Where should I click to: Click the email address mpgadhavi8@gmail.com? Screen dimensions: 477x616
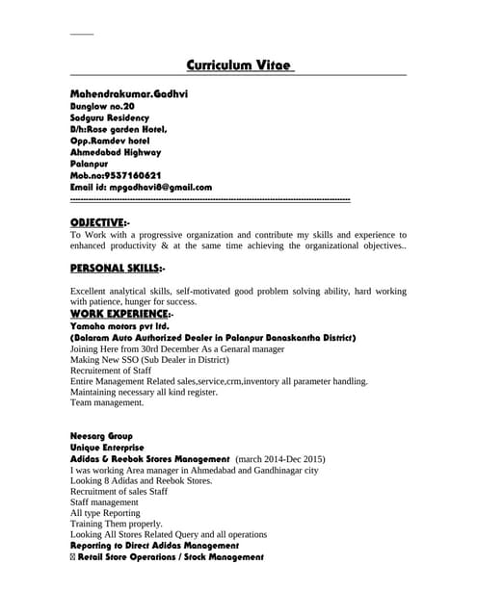160,187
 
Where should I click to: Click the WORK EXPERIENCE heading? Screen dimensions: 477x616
119,314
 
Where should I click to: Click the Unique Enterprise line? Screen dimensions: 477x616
107,448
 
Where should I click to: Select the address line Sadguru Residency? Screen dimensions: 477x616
110,117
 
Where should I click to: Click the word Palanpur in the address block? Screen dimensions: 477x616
92,164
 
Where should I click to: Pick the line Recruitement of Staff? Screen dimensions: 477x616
111,370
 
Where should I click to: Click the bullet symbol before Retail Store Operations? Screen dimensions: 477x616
74,557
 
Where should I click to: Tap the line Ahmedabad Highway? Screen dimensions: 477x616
116,152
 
